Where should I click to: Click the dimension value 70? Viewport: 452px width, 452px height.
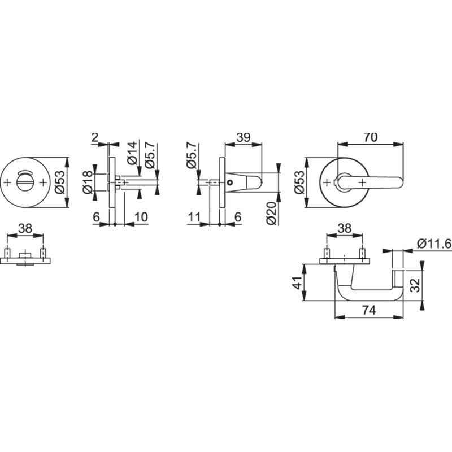(x=371, y=137)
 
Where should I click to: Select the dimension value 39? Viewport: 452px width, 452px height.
(x=244, y=137)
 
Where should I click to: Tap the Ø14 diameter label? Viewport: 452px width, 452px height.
(x=132, y=153)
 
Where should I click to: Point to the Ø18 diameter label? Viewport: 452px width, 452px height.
(x=88, y=182)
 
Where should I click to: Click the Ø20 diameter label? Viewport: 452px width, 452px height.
(x=271, y=214)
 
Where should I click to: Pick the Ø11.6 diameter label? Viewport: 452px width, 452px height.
(x=434, y=244)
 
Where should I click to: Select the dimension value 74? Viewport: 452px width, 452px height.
(x=370, y=310)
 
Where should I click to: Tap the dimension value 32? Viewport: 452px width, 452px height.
(x=415, y=285)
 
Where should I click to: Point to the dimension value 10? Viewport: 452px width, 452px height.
(x=141, y=217)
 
